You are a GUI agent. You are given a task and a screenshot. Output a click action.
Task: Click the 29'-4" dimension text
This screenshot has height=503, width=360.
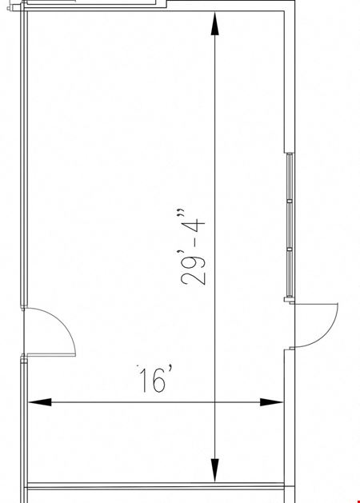(193, 247)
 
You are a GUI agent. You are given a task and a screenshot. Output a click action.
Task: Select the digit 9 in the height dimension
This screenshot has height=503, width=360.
(193, 261)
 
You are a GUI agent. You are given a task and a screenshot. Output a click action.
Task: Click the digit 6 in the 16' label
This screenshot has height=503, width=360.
(159, 381)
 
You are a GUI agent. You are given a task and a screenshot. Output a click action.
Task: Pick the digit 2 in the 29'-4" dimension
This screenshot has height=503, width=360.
(193, 278)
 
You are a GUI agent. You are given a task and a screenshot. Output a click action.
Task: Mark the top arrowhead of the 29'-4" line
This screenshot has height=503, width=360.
(214, 23)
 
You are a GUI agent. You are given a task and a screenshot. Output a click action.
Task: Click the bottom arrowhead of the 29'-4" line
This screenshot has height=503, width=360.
(214, 470)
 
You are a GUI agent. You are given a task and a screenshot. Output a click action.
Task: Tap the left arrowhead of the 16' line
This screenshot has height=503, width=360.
(40, 402)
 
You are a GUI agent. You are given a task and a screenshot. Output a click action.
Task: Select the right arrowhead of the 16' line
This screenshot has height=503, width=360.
(271, 402)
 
